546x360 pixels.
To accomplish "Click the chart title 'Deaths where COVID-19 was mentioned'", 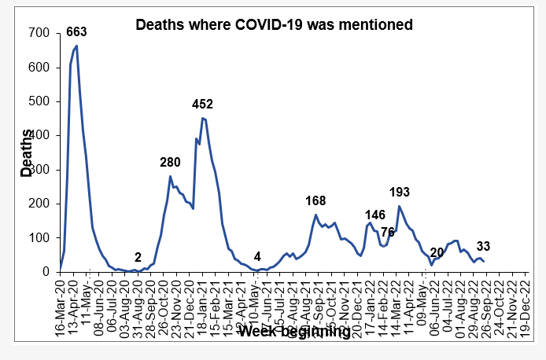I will [274, 25].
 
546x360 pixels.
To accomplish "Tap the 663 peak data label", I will [76, 32].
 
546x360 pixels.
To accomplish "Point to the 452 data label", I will [203, 104].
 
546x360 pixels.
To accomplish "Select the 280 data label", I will [170, 163].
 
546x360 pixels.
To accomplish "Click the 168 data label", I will [315, 200].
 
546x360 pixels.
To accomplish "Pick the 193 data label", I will [400, 192].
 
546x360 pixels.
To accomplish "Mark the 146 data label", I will [375, 215].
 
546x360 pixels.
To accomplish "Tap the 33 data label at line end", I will [485, 246].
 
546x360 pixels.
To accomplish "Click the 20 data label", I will [437, 253].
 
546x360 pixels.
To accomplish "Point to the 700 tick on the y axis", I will [38, 34].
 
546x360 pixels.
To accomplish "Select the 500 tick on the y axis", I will [38, 102].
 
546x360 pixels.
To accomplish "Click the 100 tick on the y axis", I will [38, 237].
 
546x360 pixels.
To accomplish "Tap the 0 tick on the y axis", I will [44, 272].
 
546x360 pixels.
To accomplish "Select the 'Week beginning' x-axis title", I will [294, 332].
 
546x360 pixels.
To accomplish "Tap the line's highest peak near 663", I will [76, 46].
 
